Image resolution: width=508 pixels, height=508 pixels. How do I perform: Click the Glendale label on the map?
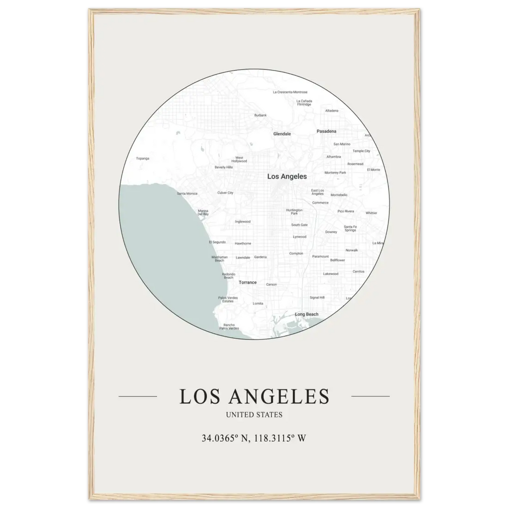pyautogui.click(x=282, y=134)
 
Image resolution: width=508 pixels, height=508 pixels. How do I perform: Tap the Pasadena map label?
pyautogui.click(x=326, y=131)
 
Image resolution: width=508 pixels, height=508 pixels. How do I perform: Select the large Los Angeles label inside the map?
pyautogui.click(x=287, y=177)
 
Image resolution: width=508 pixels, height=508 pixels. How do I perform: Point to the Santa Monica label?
pyautogui.click(x=187, y=193)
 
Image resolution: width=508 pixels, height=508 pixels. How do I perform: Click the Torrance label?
pyautogui.click(x=248, y=282)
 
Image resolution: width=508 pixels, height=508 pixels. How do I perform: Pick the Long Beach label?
pyautogui.click(x=307, y=315)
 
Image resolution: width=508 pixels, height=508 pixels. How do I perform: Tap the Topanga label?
pyautogui.click(x=142, y=159)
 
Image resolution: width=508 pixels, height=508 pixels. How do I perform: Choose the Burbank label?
pyautogui.click(x=260, y=115)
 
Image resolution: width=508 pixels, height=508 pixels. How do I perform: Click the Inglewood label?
pyautogui.click(x=243, y=222)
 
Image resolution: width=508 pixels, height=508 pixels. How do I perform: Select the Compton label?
pyautogui.click(x=296, y=254)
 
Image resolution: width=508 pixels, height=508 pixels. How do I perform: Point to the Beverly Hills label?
pyautogui.click(x=223, y=168)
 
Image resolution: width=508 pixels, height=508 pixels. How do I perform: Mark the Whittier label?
pyautogui.click(x=371, y=213)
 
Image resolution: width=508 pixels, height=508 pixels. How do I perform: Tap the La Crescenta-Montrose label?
pyautogui.click(x=290, y=92)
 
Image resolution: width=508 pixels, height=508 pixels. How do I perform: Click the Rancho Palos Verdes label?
pyautogui.click(x=229, y=326)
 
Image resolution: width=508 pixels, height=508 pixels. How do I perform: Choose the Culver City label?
pyautogui.click(x=225, y=192)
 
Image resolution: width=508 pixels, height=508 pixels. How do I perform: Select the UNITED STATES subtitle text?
pyautogui.click(x=254, y=414)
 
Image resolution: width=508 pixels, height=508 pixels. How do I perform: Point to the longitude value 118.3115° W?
pyautogui.click(x=280, y=438)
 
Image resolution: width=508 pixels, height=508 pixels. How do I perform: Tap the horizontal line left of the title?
pyautogui.click(x=138, y=396)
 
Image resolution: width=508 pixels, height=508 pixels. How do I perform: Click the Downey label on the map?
pyautogui.click(x=331, y=232)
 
